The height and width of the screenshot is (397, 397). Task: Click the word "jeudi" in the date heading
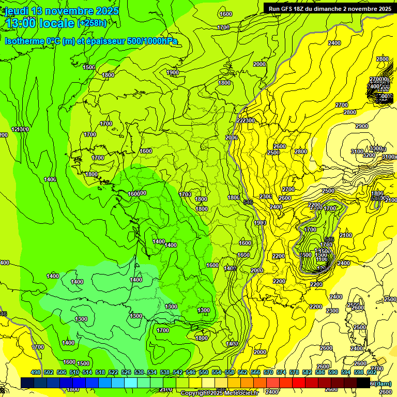click(x=17, y=11)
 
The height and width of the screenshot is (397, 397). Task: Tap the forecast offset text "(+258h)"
click(x=92, y=23)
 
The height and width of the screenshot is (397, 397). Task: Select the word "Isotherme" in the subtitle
click(x=24, y=41)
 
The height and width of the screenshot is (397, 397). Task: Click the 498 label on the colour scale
click(x=36, y=372)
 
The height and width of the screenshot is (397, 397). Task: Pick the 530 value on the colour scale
click(x=139, y=372)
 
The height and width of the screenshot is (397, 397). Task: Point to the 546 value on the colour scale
click(x=191, y=372)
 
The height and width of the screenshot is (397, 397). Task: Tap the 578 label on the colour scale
click(x=294, y=372)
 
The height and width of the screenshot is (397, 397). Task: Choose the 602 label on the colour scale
click(x=372, y=372)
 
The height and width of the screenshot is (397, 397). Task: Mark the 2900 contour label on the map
click(x=362, y=126)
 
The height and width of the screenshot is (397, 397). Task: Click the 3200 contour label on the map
click(x=369, y=155)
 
